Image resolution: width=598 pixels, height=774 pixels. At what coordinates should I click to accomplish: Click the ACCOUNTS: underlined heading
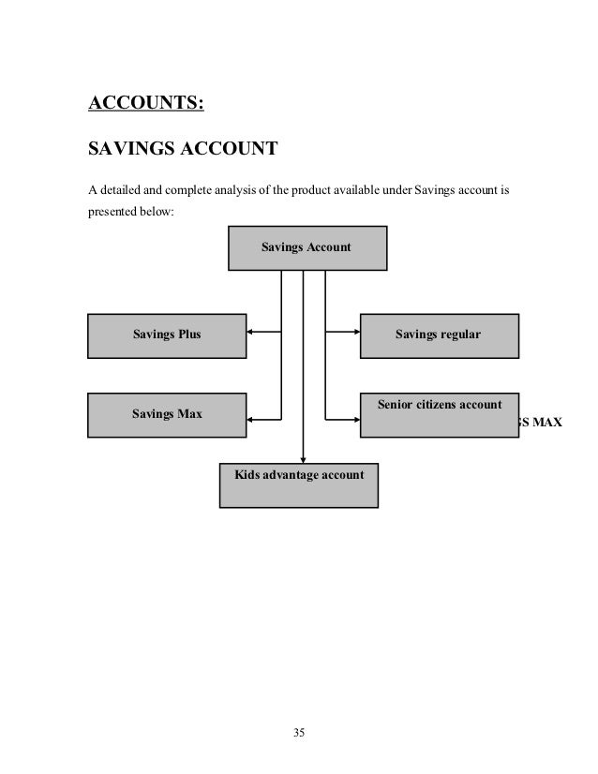pos(144,102)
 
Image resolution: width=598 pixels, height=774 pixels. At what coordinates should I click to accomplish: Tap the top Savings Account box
pos(307,247)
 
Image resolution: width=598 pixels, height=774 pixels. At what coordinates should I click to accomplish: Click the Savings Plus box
pos(167,335)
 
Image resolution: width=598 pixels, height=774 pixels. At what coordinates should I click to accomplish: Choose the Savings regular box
pos(439,335)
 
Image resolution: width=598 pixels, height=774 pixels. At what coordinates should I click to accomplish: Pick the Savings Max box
pos(167,414)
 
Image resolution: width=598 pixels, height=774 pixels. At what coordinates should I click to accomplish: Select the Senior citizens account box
pos(439,414)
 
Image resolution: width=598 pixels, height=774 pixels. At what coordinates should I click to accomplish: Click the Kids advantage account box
pos(299,484)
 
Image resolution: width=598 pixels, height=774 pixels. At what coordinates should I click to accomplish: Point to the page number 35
pos(299,733)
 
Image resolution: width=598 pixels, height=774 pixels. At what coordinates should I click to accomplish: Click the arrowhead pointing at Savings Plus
pos(251,331)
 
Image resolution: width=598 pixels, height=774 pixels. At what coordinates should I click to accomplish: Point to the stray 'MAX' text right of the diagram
pos(541,423)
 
